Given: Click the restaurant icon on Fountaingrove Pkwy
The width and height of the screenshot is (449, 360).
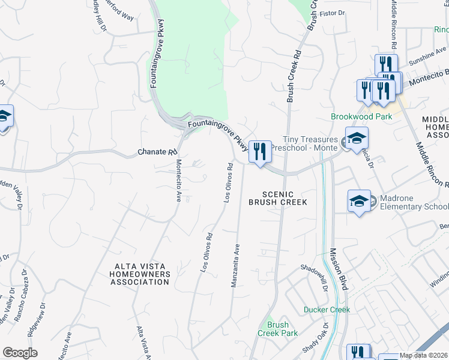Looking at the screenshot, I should [260, 151].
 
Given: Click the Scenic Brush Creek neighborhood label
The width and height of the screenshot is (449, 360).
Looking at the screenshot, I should [278, 198].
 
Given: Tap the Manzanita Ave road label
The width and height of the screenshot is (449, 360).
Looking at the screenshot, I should [236, 265].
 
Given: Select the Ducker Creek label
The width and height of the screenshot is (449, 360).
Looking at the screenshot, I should [327, 310].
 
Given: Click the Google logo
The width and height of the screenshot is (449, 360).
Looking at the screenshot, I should [20, 353].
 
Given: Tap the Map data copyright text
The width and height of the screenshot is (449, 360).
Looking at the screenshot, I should [424, 355].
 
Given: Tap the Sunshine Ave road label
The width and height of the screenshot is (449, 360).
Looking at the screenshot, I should [424, 58].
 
